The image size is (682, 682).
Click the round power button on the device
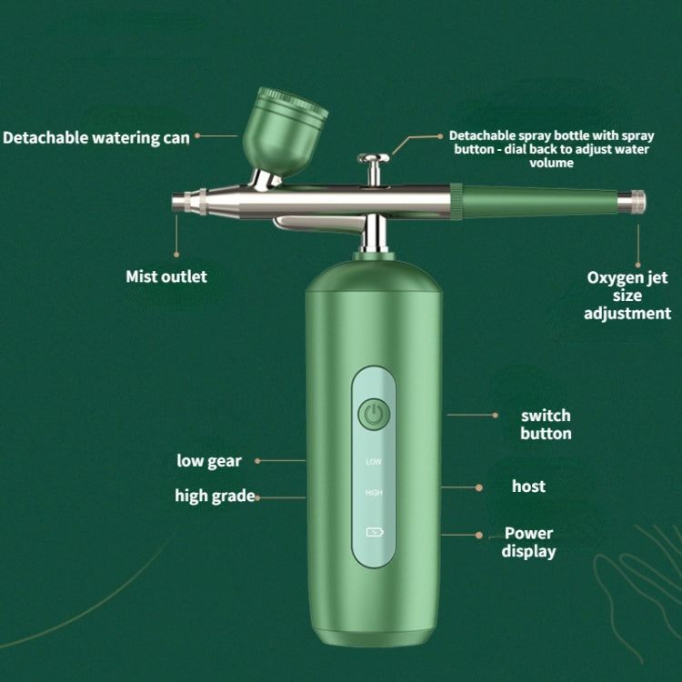point(373,416)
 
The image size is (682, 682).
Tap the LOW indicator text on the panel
point(373,461)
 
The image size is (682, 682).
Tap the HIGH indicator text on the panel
point(373,493)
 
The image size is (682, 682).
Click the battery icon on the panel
point(374,533)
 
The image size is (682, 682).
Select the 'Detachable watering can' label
point(96,137)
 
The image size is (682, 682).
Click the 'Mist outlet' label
point(166,276)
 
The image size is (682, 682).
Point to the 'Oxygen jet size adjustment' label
point(628,296)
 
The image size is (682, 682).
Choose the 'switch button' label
point(546,424)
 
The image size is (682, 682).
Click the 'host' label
point(528,486)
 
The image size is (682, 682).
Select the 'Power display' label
point(528,542)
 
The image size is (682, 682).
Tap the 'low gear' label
point(209,460)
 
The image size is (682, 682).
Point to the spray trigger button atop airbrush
point(371,162)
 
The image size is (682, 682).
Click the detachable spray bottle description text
point(550,149)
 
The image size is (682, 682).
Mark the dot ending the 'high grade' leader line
point(257,496)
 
